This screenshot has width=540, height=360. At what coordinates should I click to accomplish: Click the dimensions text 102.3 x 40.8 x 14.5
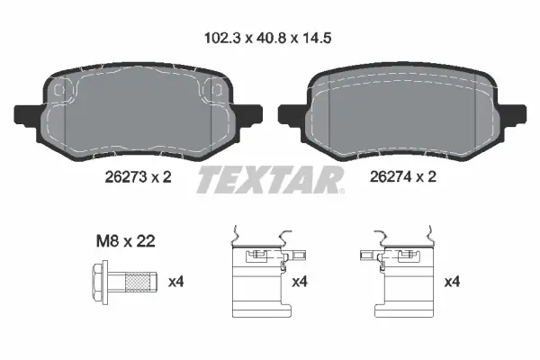(x=270, y=40)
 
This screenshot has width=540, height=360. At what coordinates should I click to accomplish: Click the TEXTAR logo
(x=269, y=180)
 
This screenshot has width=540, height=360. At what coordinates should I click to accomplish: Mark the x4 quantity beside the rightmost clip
(x=453, y=283)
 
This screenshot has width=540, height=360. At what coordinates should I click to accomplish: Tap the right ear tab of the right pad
(x=517, y=116)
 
